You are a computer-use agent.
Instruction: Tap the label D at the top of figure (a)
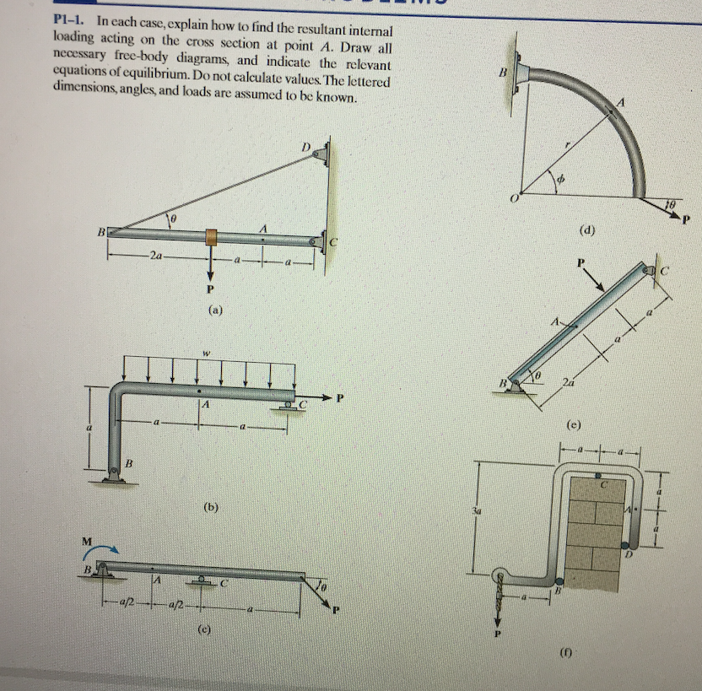pos(308,148)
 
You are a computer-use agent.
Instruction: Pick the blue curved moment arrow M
pos(94,551)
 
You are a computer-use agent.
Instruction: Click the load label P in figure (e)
pos(581,262)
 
